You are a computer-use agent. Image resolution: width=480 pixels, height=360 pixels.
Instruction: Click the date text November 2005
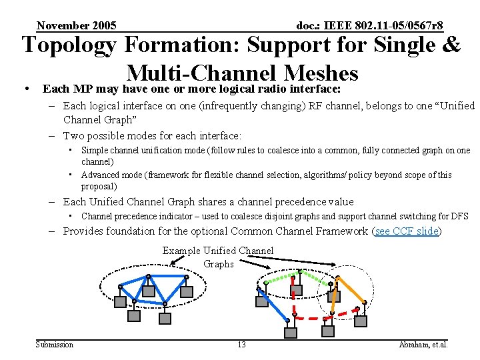pyautogui.click(x=77, y=26)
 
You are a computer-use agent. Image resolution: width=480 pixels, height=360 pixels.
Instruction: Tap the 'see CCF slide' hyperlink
pyautogui.click(x=407, y=231)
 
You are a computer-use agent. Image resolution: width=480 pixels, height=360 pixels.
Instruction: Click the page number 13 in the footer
pyautogui.click(x=241, y=345)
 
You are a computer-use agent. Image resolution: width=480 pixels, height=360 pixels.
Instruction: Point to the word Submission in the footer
pyautogui.click(x=55, y=345)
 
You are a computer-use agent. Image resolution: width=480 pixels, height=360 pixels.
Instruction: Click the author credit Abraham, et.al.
pyautogui.click(x=423, y=345)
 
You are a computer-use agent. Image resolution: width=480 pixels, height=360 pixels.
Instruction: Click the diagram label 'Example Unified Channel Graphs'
pyautogui.click(x=218, y=257)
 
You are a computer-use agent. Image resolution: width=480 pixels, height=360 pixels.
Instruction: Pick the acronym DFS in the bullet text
pyautogui.click(x=460, y=216)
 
